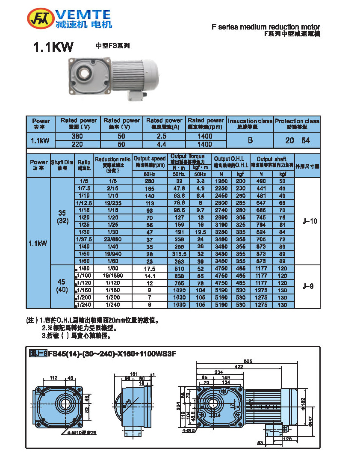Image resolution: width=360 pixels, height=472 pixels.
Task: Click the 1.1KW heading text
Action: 53,47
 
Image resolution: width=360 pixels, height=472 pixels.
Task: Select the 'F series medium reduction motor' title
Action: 266,27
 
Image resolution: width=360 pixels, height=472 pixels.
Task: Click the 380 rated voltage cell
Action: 77,136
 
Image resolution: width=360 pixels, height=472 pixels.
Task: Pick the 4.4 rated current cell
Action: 164,144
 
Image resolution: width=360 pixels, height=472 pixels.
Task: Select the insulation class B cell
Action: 250,140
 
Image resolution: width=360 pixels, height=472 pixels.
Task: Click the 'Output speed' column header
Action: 149,161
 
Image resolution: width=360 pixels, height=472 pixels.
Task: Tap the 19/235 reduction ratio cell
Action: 112,203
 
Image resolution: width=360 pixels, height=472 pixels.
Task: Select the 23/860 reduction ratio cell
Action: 112,239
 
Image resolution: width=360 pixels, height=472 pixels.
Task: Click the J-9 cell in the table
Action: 308,287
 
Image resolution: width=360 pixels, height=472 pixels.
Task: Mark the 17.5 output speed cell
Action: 149,269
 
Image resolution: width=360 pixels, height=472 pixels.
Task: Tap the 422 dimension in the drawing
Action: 238,366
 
